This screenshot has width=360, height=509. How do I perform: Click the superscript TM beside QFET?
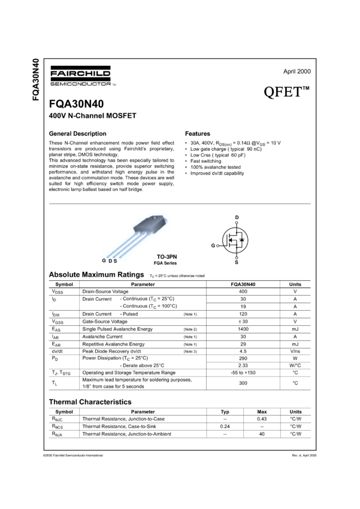(x=305, y=89)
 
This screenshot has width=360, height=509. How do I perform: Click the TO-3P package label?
(x=164, y=256)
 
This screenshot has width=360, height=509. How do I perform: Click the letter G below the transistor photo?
(x=104, y=261)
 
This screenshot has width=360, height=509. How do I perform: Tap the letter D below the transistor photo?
(x=110, y=261)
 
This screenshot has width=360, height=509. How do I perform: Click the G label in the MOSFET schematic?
(x=213, y=246)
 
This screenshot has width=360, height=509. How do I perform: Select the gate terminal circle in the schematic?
(x=217, y=246)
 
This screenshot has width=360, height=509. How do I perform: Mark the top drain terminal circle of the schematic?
(x=237, y=222)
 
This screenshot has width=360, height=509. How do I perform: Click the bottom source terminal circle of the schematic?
(x=237, y=257)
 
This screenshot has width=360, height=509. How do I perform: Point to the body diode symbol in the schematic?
(x=241, y=240)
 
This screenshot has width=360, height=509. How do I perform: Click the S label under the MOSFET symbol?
(x=237, y=262)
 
